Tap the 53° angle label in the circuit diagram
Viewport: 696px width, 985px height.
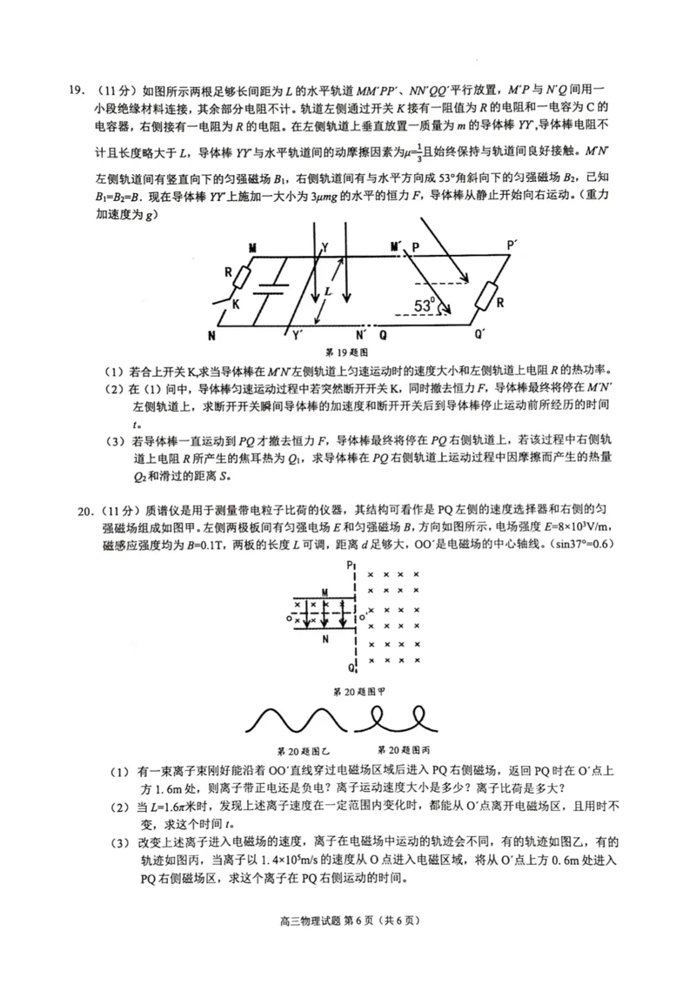[x=424, y=305]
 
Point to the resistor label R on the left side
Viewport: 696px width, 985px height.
[x=229, y=271]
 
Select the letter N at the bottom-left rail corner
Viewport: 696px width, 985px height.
[x=211, y=334]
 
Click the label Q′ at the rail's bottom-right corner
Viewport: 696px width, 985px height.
[x=478, y=334]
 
